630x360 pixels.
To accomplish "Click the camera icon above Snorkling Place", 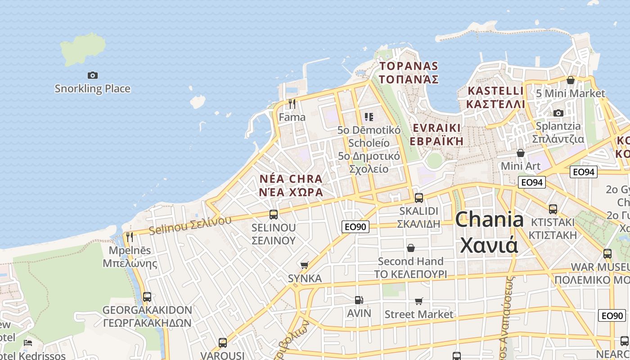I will (93, 75).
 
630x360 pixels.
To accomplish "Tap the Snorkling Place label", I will (93, 89).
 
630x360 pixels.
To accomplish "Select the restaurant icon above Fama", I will (292, 104).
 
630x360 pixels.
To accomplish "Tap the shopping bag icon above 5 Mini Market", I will (571, 80).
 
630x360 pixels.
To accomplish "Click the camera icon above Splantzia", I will (558, 113).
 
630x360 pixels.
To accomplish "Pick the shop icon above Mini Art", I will (521, 153).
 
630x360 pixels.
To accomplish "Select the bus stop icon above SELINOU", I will (274, 215).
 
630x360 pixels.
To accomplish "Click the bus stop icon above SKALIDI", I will (419, 198).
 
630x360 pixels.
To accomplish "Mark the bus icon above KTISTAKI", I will (553, 209).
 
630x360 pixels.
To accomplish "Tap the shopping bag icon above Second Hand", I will (411, 248).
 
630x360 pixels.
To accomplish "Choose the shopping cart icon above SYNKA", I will (305, 265).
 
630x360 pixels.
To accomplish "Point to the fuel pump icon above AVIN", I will (359, 300).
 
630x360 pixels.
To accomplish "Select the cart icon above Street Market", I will (419, 301).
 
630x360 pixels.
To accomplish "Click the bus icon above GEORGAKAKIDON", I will (147, 297).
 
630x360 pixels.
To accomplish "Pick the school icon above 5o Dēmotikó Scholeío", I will (369, 117).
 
